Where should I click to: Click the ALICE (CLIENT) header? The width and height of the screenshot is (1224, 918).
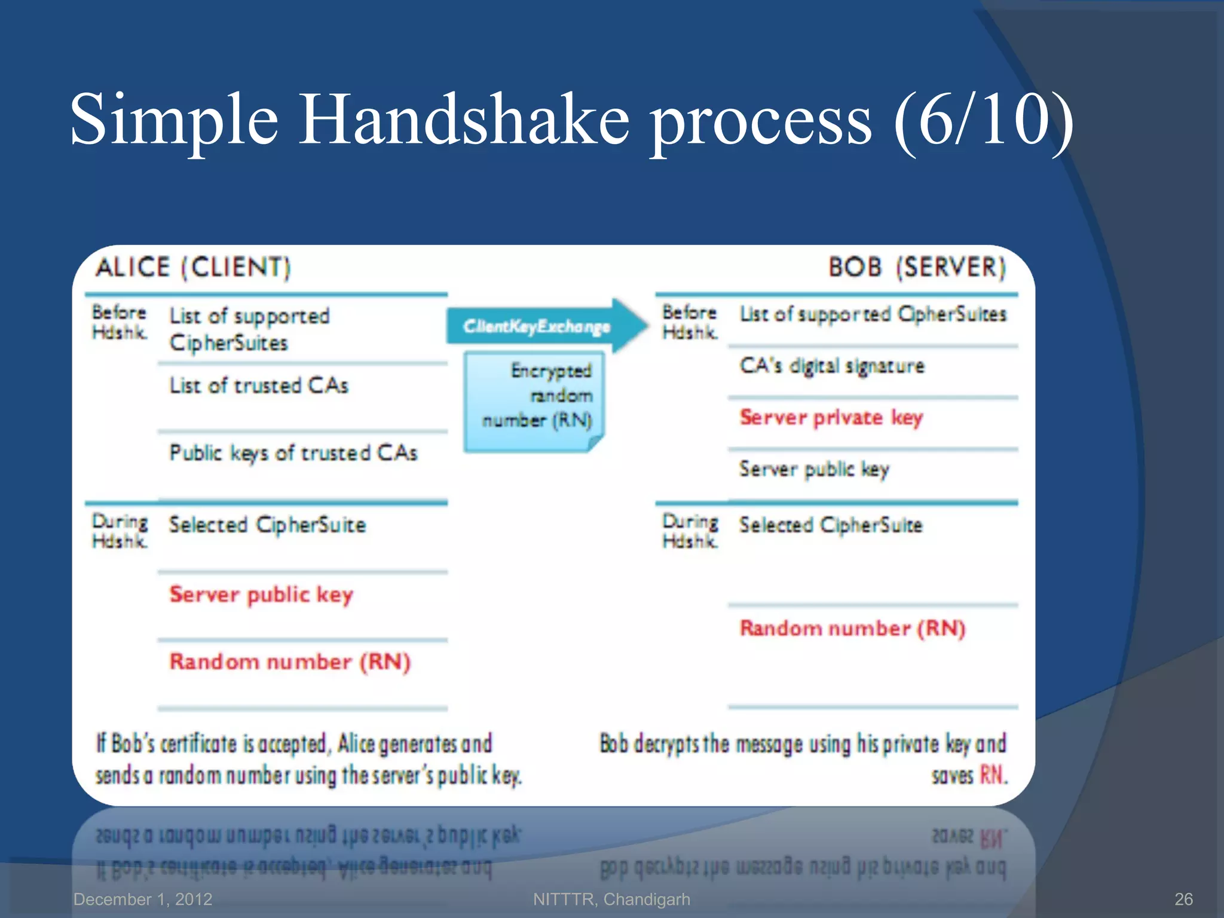[x=192, y=267]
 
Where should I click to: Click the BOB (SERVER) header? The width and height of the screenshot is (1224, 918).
[x=917, y=267]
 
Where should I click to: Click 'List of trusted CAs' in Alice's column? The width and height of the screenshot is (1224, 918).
[x=258, y=386]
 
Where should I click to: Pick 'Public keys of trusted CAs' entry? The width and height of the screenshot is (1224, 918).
[x=293, y=453]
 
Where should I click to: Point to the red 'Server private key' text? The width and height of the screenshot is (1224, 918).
[x=831, y=417]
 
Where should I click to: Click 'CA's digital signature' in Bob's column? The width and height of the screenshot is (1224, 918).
[x=832, y=366]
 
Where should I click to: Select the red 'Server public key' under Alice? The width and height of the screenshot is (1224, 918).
[x=261, y=595]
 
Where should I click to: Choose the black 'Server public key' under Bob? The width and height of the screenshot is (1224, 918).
[x=814, y=469]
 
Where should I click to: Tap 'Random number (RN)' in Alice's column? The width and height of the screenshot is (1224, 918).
[x=290, y=662]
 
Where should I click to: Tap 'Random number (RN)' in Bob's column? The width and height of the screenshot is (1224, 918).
[x=852, y=628]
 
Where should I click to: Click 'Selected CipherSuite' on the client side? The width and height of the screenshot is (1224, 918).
[x=267, y=525]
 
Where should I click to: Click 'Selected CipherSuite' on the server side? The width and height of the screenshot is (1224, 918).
[x=831, y=525]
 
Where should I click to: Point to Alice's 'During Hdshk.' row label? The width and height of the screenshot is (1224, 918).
[x=120, y=531]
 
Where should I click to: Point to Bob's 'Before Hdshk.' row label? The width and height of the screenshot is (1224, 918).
[x=690, y=322]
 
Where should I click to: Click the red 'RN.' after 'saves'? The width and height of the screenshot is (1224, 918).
[x=993, y=775]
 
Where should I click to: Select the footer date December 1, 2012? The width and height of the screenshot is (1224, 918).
[x=143, y=899]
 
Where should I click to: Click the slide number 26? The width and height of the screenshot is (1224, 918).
[x=1183, y=899]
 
